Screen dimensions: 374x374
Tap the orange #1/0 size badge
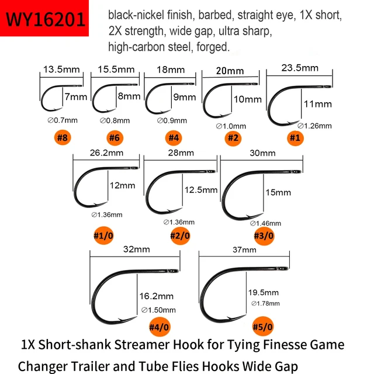(105, 231)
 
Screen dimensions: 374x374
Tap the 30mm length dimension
(262, 153)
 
